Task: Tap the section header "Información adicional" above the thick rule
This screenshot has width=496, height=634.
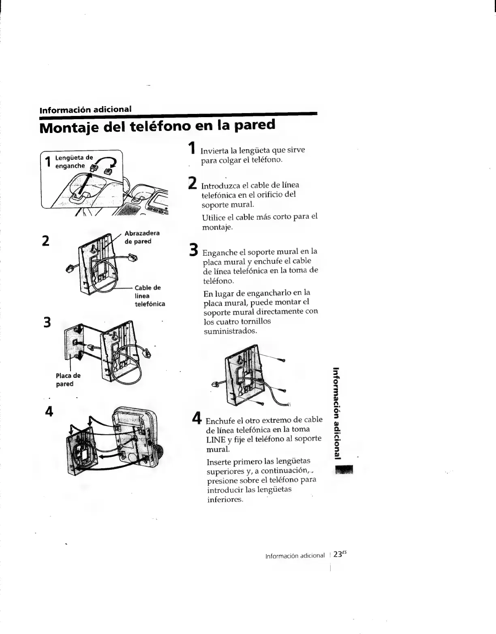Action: pyautogui.click(x=85, y=109)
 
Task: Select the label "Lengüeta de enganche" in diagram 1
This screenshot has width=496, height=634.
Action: pyautogui.click(x=74, y=162)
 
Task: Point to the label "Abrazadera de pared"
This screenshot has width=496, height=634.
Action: pyautogui.click(x=141, y=237)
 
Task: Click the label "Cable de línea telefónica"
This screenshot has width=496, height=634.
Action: pyautogui.click(x=150, y=296)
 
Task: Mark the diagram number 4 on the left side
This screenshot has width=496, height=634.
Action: pyautogui.click(x=49, y=411)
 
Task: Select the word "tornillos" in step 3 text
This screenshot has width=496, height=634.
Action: pyautogui.click(x=252, y=321)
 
